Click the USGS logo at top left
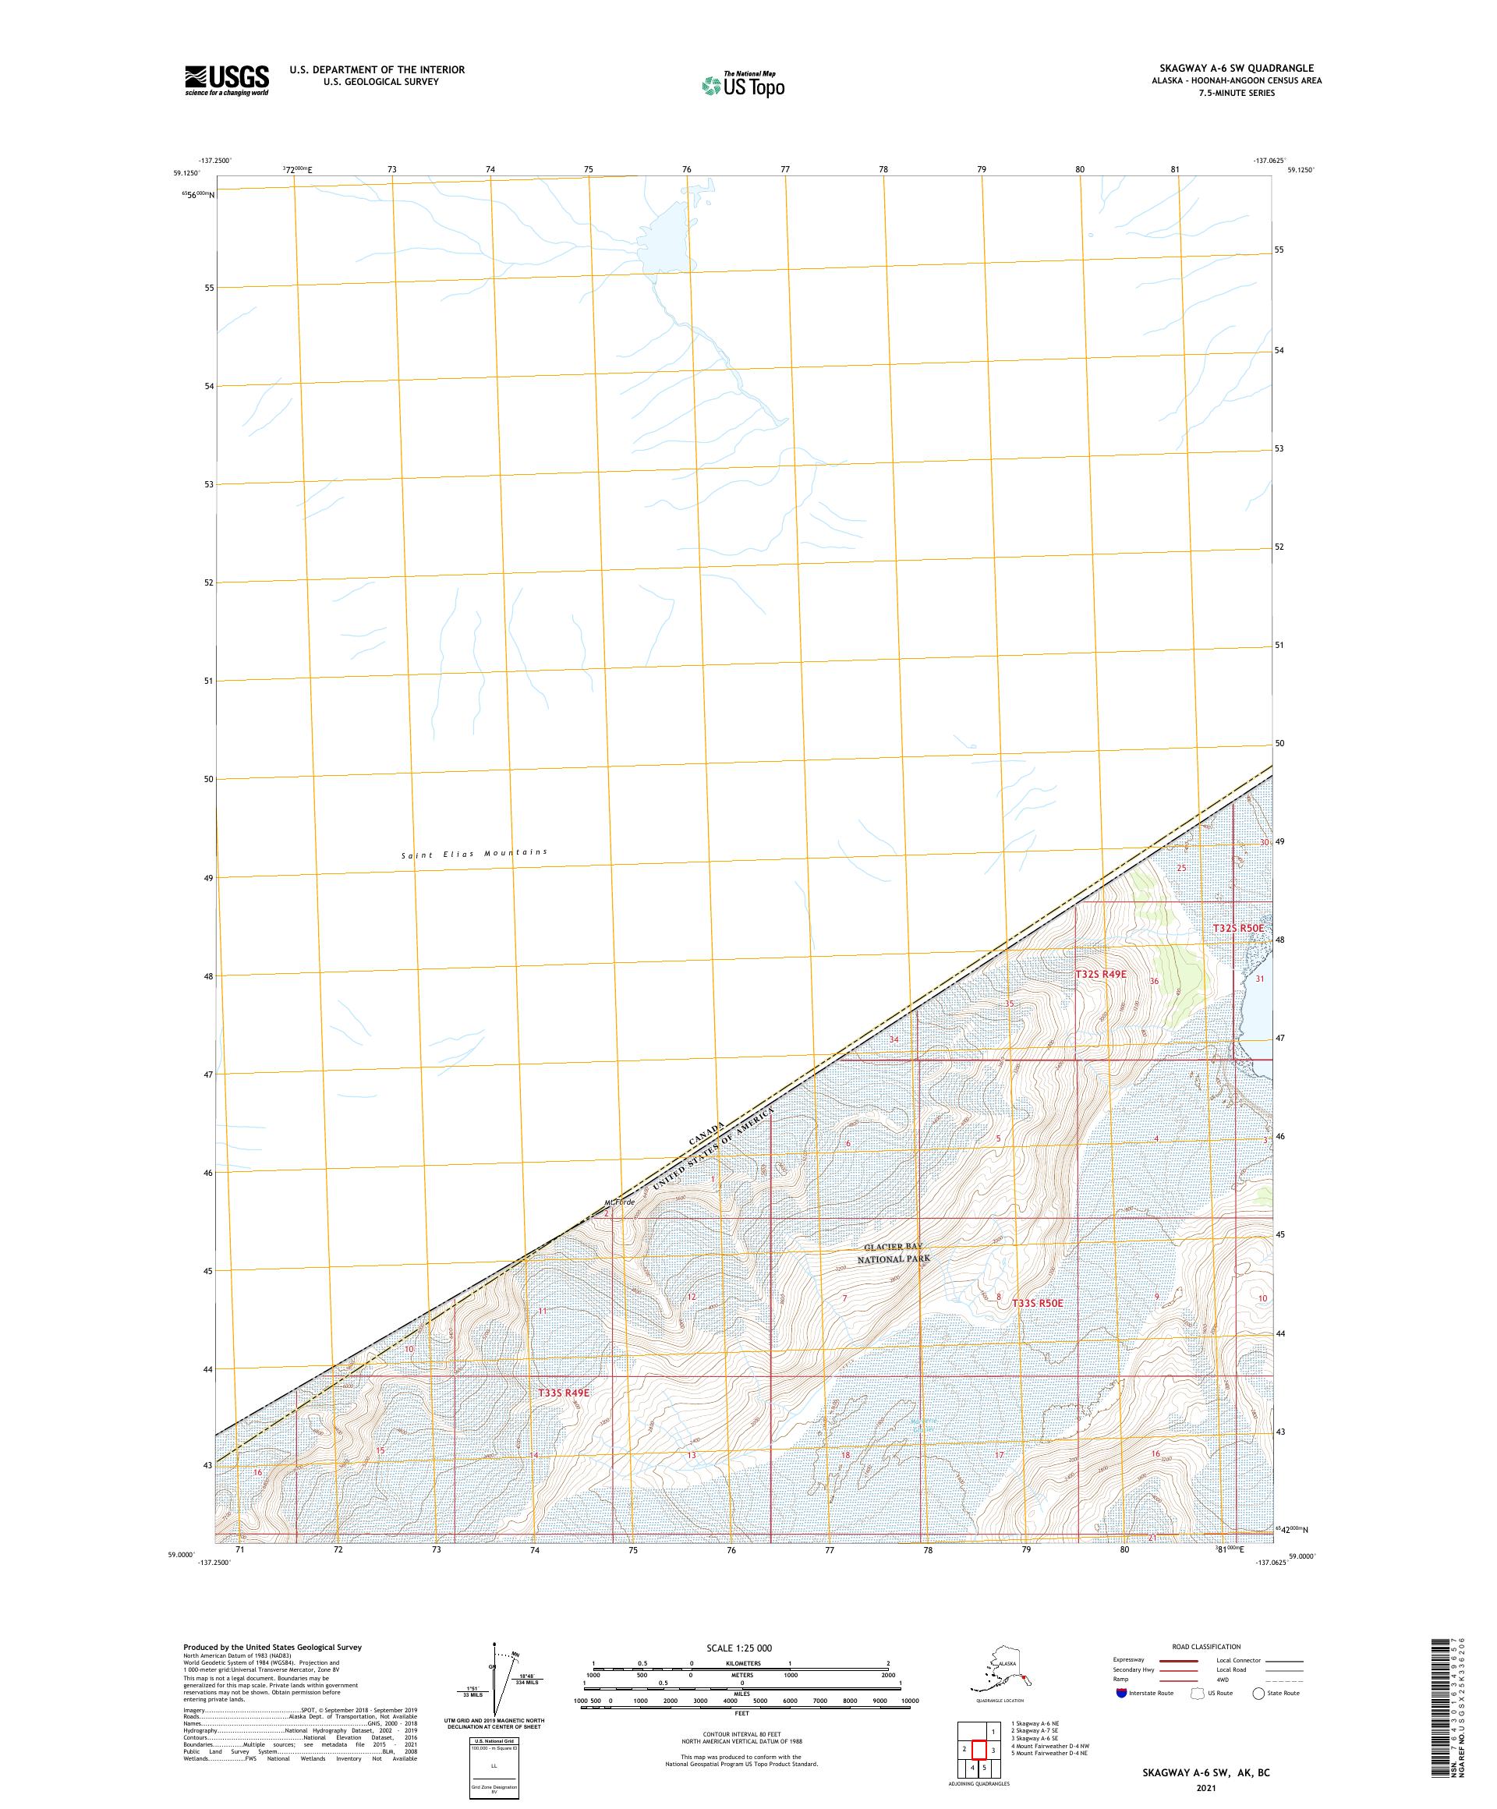coord(225,80)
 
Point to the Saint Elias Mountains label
coord(474,854)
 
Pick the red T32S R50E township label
coord(1237,928)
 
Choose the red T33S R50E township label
coord(1037,1327)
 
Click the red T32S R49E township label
coord(1100,973)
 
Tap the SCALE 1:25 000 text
coord(739,1648)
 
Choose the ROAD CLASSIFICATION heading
coord(1206,1646)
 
